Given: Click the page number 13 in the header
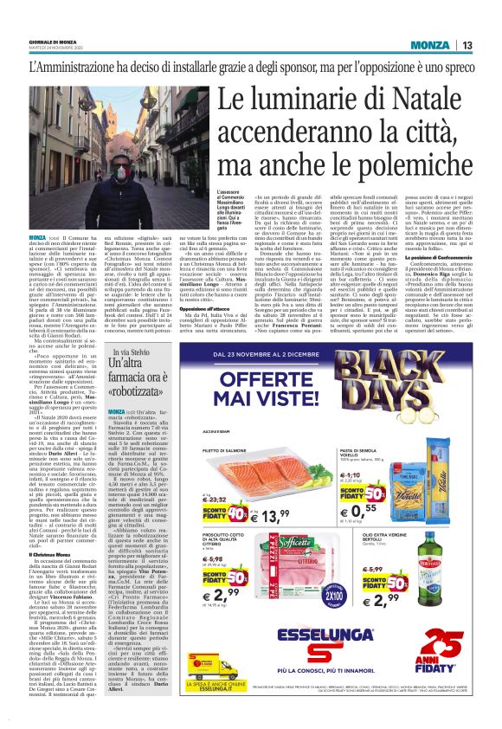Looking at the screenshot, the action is (x=467, y=45).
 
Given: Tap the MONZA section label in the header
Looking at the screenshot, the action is (x=430, y=45).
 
